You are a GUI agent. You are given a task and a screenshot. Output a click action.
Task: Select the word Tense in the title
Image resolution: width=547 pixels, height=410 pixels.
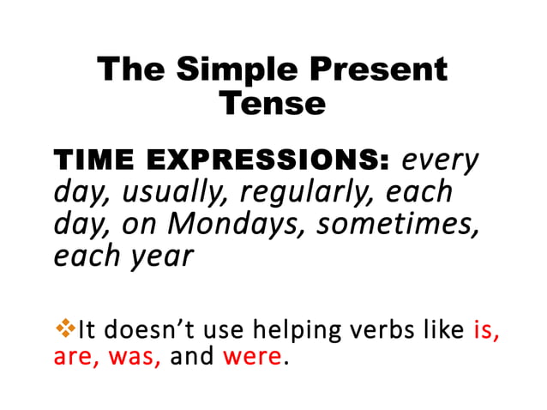point(273,103)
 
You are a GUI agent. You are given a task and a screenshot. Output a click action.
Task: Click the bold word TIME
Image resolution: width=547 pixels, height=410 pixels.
point(93,160)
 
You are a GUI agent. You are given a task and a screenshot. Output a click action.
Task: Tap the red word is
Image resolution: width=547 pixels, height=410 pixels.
point(486,329)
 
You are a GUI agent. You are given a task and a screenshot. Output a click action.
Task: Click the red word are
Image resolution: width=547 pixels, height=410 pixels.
point(73,356)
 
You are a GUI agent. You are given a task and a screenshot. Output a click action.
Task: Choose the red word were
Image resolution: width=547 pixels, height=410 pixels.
point(251,356)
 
